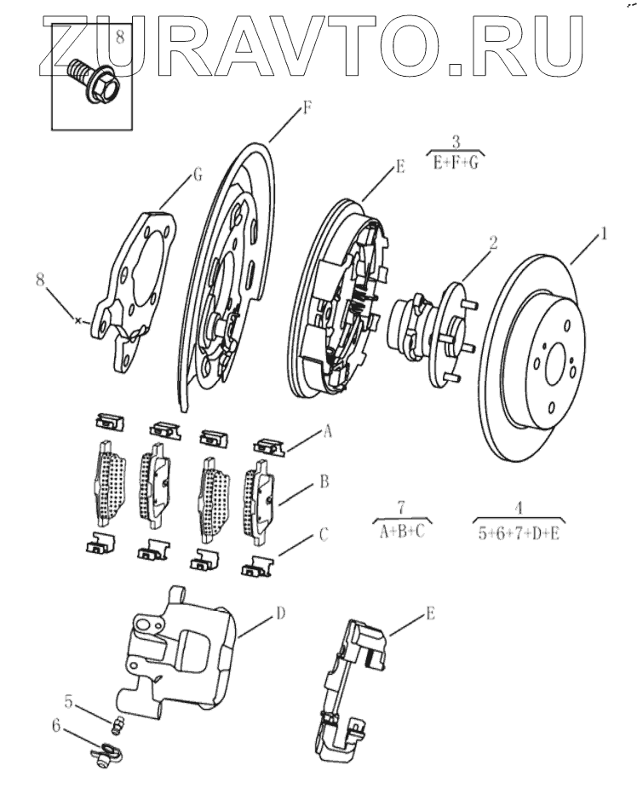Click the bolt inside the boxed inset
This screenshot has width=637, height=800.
coord(92,79)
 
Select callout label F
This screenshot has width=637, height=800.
coord(307,109)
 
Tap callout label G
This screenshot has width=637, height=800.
coord(198,175)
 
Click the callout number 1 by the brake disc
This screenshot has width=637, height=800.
coord(604,233)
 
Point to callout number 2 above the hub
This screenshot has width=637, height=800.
coord(493,242)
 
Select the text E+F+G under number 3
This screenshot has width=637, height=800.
coord(456,163)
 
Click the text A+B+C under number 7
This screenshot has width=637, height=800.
coord(403,531)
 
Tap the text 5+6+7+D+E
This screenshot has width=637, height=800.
coord(519,533)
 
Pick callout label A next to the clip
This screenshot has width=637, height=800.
coord(327,432)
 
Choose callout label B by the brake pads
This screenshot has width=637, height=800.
coord(324,481)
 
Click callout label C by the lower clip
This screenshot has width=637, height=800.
coord(324,535)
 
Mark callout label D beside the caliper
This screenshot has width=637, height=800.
coord(280,613)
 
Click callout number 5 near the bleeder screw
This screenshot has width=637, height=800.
coord(69,701)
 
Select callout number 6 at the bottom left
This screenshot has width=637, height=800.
coord(56,725)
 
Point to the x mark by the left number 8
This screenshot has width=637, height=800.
coord(77,320)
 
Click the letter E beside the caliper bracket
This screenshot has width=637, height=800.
coord(430,613)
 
